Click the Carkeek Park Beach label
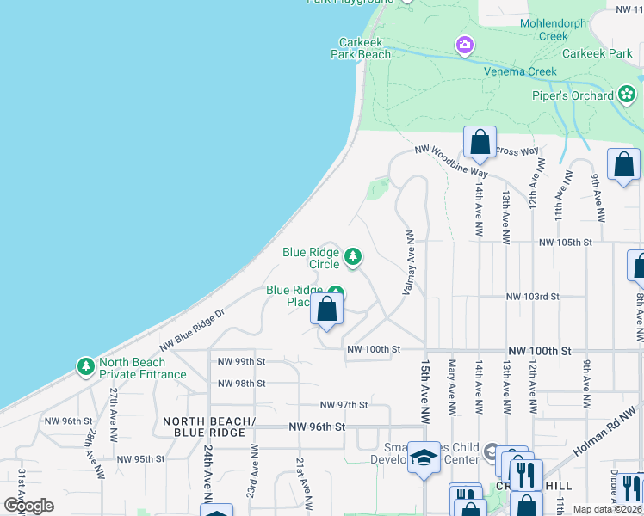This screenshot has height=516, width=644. pos(361,47)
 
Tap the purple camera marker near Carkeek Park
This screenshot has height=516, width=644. pos(464,44)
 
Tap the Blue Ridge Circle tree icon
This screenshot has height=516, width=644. pos(352,256)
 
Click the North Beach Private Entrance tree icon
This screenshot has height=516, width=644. pos(85,367)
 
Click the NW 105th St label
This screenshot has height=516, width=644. pos(566,243)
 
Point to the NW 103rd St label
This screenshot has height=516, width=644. pos(533,297)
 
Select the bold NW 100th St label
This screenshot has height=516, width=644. pos(540,352)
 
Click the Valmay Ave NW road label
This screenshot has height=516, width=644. pos(410,262)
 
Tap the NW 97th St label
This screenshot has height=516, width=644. pos(344,405)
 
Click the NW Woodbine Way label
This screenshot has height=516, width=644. pos(450,162)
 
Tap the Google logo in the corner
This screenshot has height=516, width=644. pos(28,506)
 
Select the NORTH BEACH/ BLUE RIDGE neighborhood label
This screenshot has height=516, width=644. pos(209,427)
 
